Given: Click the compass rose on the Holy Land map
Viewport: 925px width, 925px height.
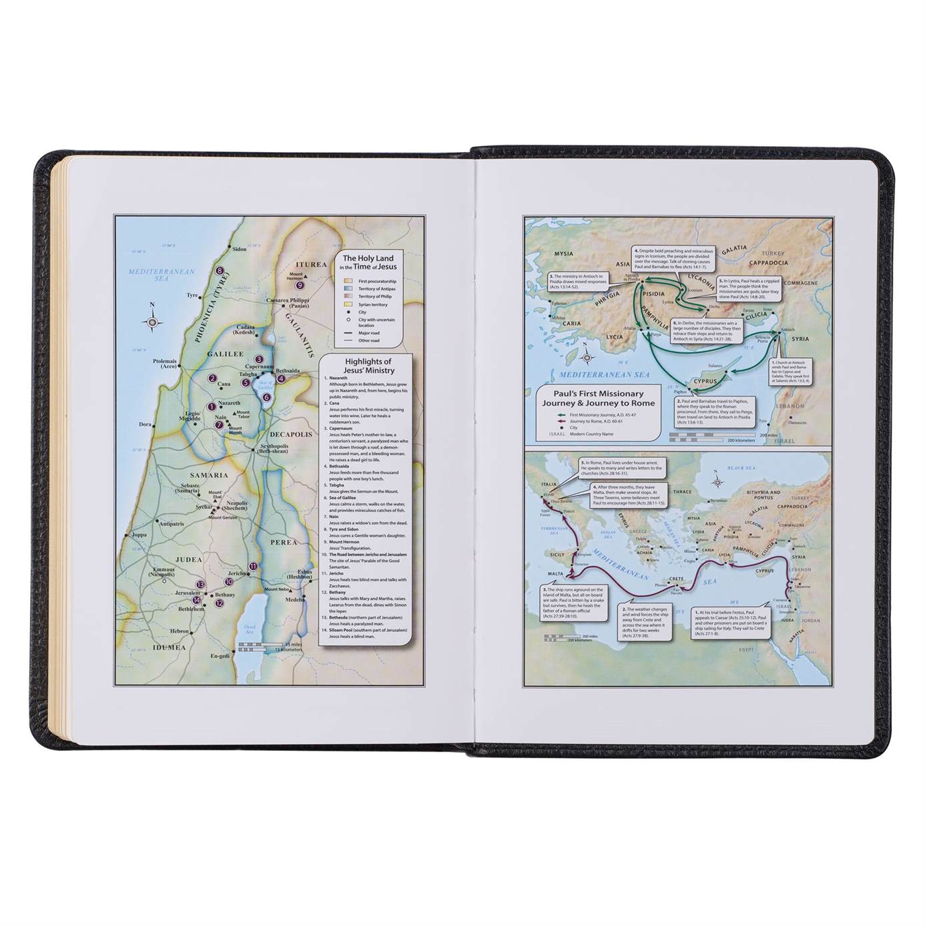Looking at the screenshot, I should pos(153,322).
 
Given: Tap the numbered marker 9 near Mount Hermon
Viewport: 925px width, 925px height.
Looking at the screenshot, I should pos(300,285).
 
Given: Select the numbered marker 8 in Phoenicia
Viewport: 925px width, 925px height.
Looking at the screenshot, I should pos(220,271).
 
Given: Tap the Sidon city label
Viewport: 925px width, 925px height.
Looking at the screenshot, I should pos(239,249).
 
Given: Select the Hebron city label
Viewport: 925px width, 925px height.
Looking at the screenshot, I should pos(180,631).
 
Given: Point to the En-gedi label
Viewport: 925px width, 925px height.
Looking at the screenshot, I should pos(220,657).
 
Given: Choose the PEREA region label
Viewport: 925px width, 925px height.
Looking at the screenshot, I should pos(283,542).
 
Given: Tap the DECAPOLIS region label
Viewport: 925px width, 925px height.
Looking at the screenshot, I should pos(292,434).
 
